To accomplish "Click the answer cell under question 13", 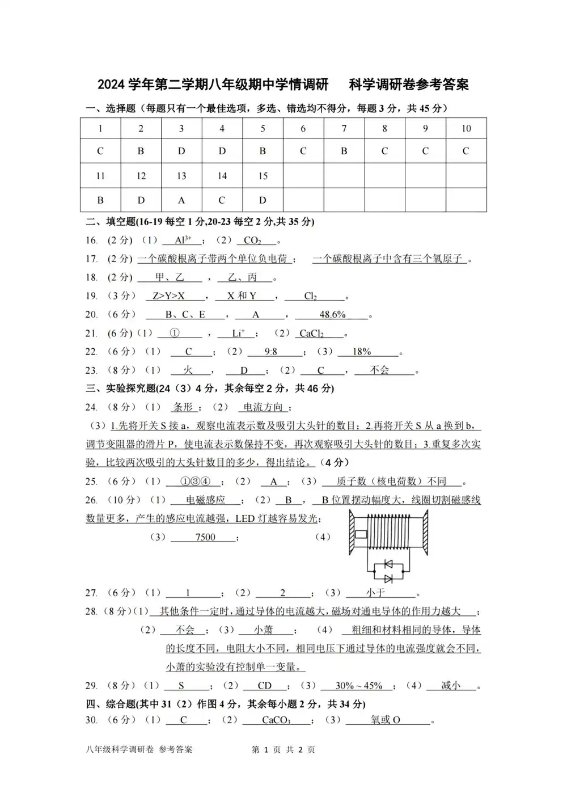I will point(181,200).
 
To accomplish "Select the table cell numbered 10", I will point(466,128).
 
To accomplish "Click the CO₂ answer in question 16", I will point(252,240).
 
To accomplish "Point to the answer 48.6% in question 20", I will point(332,314).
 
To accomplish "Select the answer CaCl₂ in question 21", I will point(311,334).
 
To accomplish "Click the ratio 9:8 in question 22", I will point(271,352).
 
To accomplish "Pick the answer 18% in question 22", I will point(362,352).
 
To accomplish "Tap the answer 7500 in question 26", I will point(205,537).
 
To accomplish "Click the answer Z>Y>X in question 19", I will point(168,296).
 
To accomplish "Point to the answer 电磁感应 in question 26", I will point(206,500).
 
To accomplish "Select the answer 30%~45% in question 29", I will point(359,685).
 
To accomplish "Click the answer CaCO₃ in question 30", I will point(276,720).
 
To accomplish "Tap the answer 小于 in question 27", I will point(375,593).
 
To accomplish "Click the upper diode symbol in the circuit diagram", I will point(388,564).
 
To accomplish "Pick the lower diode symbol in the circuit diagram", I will point(388,579).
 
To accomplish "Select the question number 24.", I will point(91,407).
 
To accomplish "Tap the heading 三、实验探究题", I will point(121,389).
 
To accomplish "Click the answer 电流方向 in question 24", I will point(263,407).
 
